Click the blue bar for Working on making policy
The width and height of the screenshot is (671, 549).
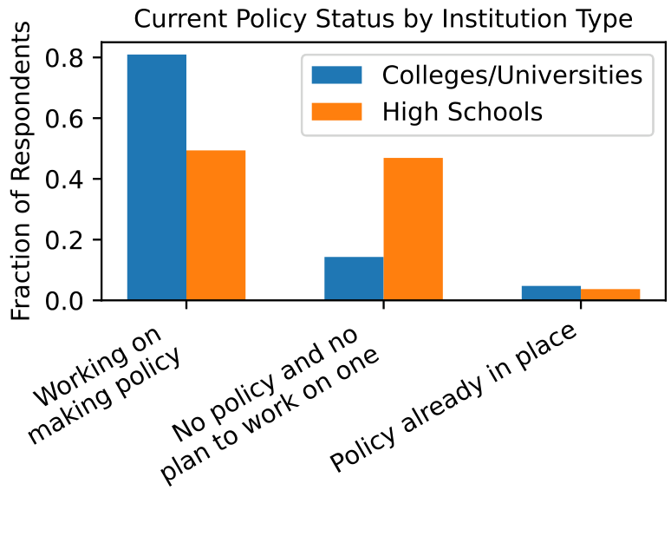157,178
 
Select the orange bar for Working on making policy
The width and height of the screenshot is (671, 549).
216,225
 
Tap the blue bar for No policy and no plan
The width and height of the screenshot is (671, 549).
354,278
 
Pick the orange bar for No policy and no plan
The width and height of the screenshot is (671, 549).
413,229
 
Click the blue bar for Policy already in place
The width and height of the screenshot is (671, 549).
551,293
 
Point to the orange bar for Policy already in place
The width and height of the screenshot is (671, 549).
610,295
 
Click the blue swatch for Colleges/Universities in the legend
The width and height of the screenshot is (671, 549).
336,75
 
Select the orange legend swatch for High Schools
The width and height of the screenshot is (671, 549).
336,111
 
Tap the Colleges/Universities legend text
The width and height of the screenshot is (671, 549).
512,75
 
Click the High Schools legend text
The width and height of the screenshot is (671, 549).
462,111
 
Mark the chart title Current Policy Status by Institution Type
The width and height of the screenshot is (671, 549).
382,18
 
